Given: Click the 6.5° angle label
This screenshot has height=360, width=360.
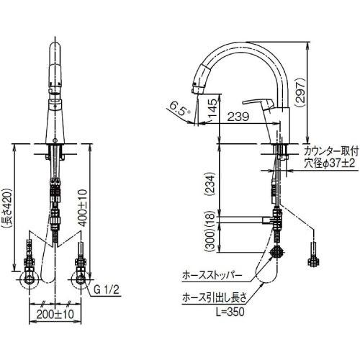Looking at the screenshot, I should pos(180,110).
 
